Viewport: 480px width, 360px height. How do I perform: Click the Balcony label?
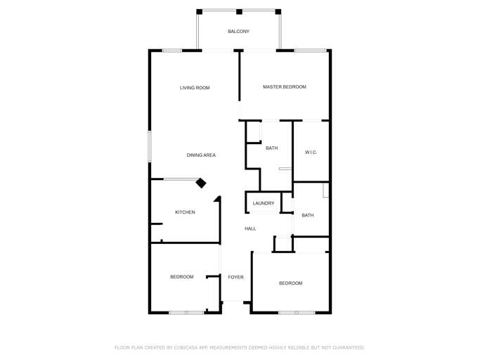(238, 32)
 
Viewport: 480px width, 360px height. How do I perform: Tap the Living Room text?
(195, 88)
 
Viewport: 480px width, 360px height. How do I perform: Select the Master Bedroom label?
(285, 87)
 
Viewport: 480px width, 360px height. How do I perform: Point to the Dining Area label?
(201, 155)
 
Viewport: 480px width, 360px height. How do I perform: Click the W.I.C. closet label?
(311, 153)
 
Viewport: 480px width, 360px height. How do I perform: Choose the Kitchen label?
(185, 212)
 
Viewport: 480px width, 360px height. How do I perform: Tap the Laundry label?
(264, 204)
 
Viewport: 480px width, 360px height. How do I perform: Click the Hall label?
(250, 229)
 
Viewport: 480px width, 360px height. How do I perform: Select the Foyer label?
(235, 278)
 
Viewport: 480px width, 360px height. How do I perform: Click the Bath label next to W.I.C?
(271, 148)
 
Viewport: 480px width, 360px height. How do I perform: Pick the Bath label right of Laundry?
(308, 216)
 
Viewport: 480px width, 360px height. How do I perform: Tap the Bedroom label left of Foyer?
(182, 277)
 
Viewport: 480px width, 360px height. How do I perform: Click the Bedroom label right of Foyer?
(290, 283)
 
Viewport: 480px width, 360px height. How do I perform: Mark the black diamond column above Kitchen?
(201, 183)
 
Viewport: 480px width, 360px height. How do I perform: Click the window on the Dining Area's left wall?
(149, 147)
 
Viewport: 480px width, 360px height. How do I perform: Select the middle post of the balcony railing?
(239, 11)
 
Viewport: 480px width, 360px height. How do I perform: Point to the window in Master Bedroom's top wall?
(310, 50)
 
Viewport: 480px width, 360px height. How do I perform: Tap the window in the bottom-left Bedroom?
(186, 312)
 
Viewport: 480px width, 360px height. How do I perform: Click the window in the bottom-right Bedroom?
(296, 312)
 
